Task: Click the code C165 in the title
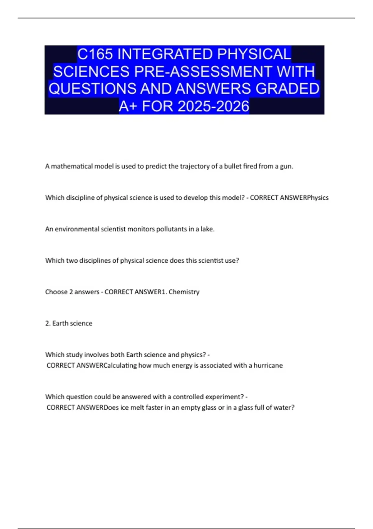click(x=95, y=54)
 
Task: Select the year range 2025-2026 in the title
click(x=214, y=106)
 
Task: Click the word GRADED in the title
click(x=288, y=89)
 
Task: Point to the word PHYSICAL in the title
click(x=254, y=54)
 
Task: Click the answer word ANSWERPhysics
click(x=304, y=198)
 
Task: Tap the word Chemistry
click(x=184, y=292)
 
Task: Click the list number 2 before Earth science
click(x=48, y=323)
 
